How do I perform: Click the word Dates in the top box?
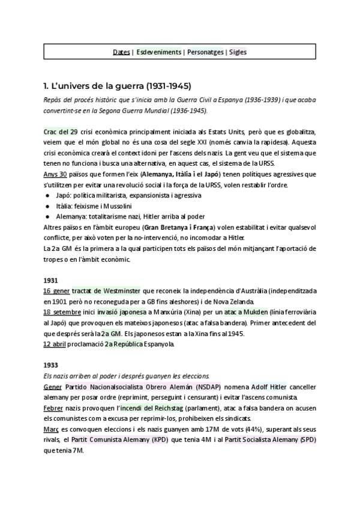coord(121,52)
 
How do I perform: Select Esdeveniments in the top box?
coord(158,52)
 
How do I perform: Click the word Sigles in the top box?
coord(237,52)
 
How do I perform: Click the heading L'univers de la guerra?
coord(118,85)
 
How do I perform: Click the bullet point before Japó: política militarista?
coord(47,196)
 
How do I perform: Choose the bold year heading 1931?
coord(51,280)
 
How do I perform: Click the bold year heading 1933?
coord(51,366)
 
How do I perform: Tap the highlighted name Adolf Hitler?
coord(268,387)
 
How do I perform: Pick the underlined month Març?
coord(52,430)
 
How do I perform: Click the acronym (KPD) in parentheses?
coord(191,441)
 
